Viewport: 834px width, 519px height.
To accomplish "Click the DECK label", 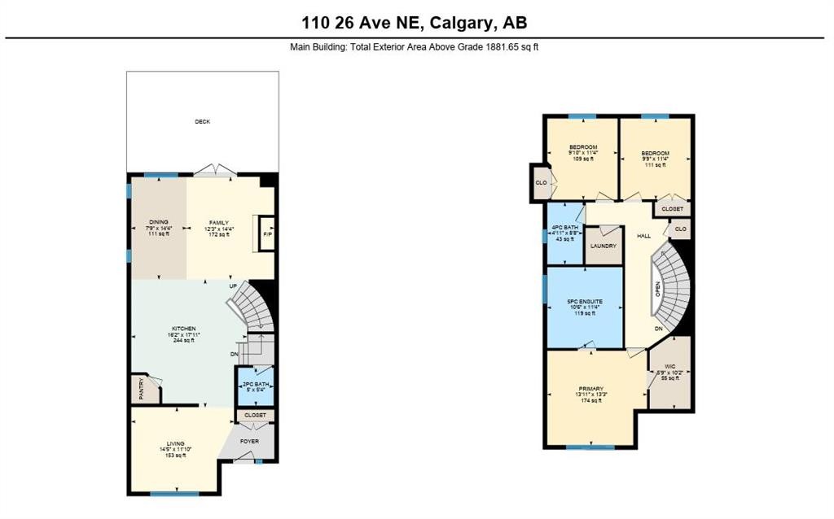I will (202, 122).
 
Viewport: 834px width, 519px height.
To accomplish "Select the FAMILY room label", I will (217, 222).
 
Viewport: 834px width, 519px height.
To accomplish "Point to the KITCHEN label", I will (183, 329).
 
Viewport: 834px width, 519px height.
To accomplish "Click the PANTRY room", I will (143, 390).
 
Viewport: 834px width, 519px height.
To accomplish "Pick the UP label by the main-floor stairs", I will (233, 286).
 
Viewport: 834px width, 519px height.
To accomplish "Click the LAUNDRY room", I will (603, 246).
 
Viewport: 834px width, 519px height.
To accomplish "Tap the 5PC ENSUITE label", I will (585, 302).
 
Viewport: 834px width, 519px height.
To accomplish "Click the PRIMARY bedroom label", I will (590, 390).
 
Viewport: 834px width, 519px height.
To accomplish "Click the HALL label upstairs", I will (643, 236).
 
